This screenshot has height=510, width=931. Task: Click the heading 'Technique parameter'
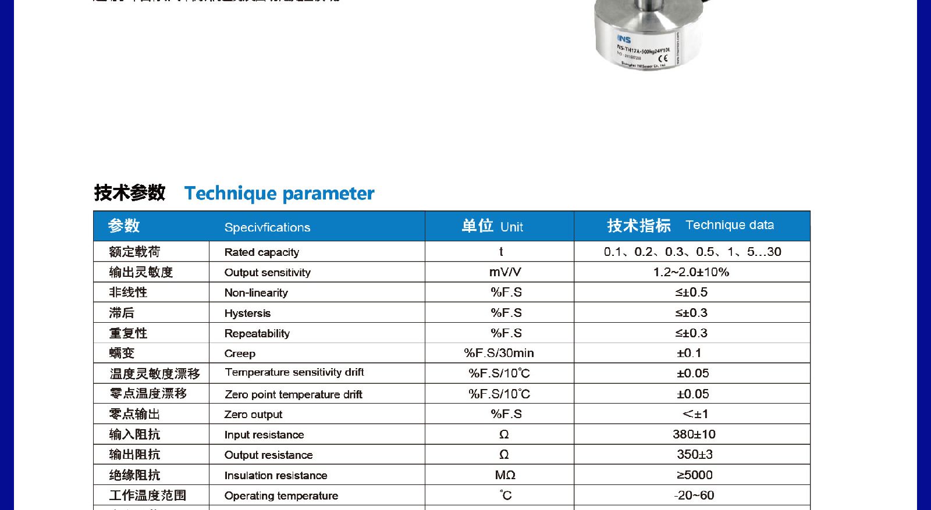point(279,194)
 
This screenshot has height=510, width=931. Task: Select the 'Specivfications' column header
point(267,227)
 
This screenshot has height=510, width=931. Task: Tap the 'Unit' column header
point(511,227)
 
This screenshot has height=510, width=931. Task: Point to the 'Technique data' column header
point(729,225)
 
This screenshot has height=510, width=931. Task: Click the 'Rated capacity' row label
point(261,252)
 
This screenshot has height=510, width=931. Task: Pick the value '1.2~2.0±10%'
point(691,272)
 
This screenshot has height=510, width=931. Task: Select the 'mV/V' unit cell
point(504,272)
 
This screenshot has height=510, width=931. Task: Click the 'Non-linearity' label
point(256,293)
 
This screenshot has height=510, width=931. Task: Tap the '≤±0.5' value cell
point(691,293)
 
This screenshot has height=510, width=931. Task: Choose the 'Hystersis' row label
point(247,313)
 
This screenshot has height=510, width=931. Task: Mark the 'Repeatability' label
point(257,334)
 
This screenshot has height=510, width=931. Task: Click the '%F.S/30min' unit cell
point(499,353)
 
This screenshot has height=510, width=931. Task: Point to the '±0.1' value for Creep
point(689,353)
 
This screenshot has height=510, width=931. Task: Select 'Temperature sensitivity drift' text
point(294,372)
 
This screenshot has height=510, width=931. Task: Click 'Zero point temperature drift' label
point(293,394)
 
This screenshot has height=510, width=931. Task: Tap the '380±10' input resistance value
point(694,434)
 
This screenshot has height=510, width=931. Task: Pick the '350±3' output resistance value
point(694,455)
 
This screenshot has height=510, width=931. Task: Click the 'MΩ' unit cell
point(505,475)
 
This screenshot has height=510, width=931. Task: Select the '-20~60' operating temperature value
point(694,495)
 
